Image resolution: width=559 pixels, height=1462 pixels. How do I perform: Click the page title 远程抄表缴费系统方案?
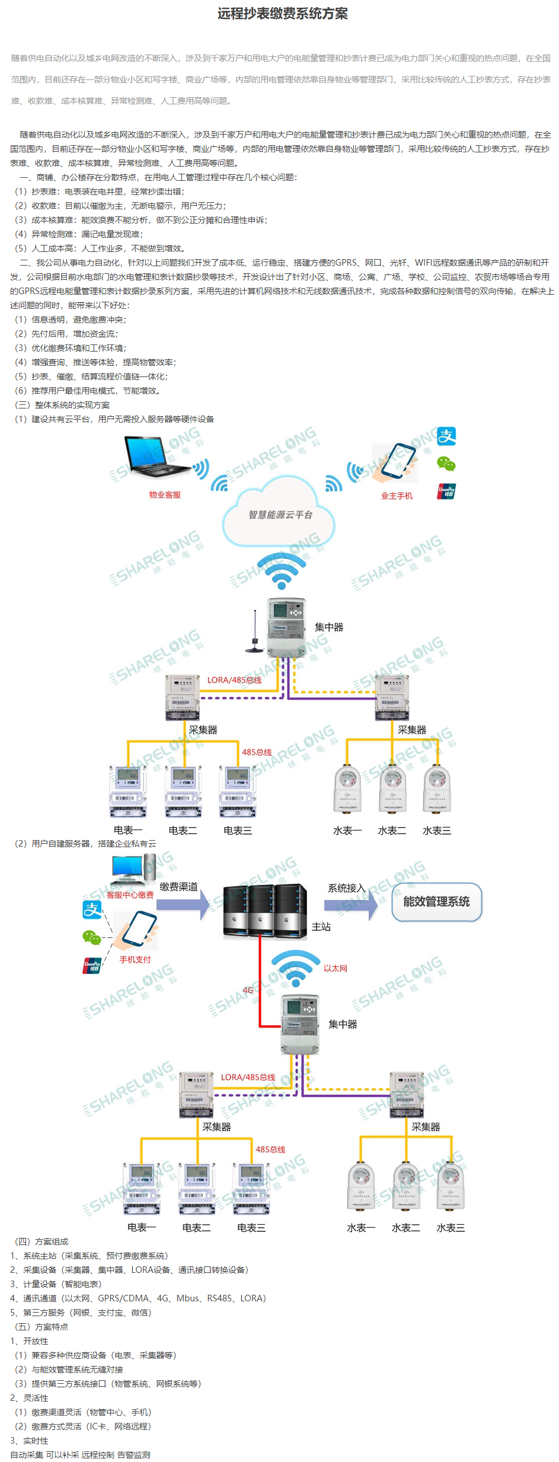(282, 14)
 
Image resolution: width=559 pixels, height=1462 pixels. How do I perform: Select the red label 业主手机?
(396, 496)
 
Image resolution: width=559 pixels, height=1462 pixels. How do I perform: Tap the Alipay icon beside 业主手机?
(446, 437)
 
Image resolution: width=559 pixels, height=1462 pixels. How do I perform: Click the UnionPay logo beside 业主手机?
(446, 491)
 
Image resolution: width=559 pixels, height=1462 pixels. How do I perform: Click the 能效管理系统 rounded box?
(436, 902)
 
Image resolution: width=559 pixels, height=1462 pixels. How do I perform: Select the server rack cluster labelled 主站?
(265, 909)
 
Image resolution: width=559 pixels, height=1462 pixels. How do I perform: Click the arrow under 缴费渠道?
(184, 905)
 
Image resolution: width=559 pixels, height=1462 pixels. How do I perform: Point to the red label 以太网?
(336, 968)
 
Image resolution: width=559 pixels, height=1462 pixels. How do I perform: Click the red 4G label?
(248, 990)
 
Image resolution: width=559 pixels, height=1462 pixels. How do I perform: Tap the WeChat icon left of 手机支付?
(91, 937)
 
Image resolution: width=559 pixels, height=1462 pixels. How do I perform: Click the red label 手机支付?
(135, 959)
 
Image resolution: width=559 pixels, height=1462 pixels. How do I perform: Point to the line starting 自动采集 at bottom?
(80, 1455)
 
